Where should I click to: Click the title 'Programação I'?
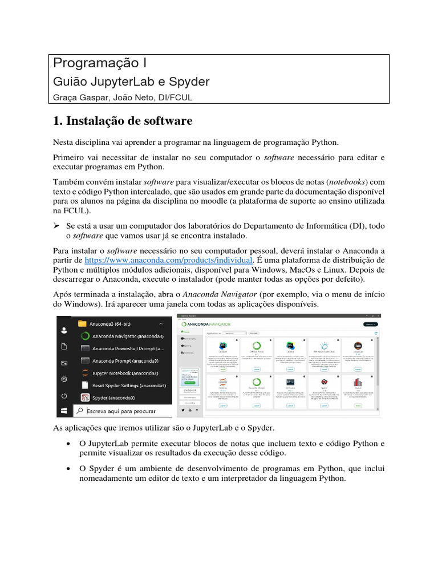point(100,63)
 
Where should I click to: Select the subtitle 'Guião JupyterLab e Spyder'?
point(131,82)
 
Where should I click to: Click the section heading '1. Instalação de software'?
point(123,121)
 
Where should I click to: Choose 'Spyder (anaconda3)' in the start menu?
point(113,398)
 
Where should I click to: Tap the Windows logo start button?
point(64,411)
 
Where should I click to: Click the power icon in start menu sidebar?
point(64,395)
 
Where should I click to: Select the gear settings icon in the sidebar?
point(64,379)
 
